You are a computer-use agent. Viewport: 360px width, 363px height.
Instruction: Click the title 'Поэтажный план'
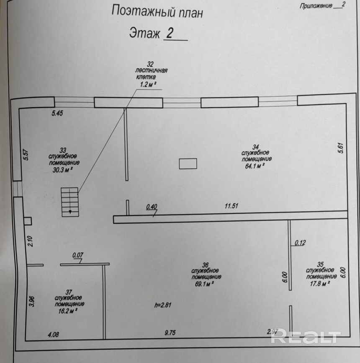coord(157,12)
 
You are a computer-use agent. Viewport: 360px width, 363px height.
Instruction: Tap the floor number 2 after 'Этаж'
coord(170,33)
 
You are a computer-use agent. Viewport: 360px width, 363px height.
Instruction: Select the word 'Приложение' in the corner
coord(316,6)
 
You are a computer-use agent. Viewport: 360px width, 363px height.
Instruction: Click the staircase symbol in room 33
coord(70,202)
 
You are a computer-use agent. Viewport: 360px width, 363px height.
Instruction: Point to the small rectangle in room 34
coord(188,163)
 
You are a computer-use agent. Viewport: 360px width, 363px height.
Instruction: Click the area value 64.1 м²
coord(255,166)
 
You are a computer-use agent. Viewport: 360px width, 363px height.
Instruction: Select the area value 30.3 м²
coord(63,170)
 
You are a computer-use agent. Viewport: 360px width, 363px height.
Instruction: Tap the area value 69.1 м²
coord(204,284)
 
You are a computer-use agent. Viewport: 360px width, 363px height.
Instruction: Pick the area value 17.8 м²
coord(320,283)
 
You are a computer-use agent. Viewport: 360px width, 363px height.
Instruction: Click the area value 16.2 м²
coord(68,311)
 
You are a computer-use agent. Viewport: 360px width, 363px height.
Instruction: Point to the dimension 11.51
coord(231,205)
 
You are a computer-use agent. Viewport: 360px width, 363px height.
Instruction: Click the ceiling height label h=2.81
coord(163,305)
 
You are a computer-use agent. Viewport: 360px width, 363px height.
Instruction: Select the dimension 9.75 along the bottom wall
coord(170,333)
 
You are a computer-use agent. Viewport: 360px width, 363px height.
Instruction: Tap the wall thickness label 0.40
coord(152,207)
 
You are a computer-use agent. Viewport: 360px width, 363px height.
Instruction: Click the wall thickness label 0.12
coord(300,243)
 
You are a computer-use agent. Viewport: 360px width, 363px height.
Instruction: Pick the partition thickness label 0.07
coord(78,255)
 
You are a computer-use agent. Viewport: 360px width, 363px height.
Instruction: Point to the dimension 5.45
coord(57,113)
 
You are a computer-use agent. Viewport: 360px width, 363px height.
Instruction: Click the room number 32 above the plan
coord(150,64)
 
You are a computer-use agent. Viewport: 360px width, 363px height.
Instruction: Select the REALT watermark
coord(306,336)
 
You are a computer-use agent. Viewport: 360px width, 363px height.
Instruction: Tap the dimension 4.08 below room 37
coord(54,334)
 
